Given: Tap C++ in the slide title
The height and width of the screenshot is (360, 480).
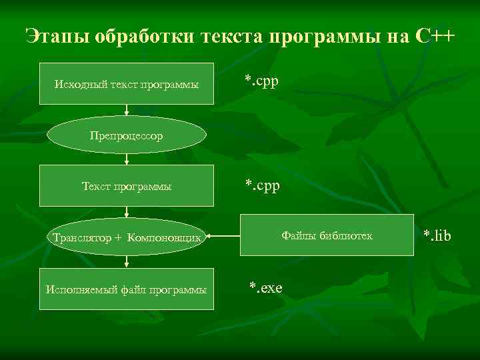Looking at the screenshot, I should [x=434, y=35].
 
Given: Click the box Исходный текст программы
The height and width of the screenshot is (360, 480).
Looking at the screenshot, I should [x=127, y=84].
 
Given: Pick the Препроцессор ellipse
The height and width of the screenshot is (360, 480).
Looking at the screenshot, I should [x=127, y=135].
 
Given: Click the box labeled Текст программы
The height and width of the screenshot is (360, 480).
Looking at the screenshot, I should [x=127, y=186].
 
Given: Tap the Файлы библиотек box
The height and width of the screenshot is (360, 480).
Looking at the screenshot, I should [x=327, y=235].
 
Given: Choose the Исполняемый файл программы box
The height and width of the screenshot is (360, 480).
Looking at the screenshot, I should [x=127, y=289].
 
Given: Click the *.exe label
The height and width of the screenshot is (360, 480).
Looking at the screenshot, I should [x=265, y=287].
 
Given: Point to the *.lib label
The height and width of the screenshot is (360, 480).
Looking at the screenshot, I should [x=437, y=235].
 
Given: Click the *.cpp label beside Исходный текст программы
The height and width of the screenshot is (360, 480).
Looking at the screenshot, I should [x=261, y=81].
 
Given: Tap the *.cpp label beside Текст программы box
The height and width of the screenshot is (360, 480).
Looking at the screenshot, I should [x=261, y=184].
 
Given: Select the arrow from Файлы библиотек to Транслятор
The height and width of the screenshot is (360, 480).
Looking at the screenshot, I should [x=223, y=235].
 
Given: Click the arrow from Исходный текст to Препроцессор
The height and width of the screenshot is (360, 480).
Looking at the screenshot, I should [x=127, y=111].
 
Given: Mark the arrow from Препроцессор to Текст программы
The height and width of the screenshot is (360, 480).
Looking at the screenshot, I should [x=127, y=159].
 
